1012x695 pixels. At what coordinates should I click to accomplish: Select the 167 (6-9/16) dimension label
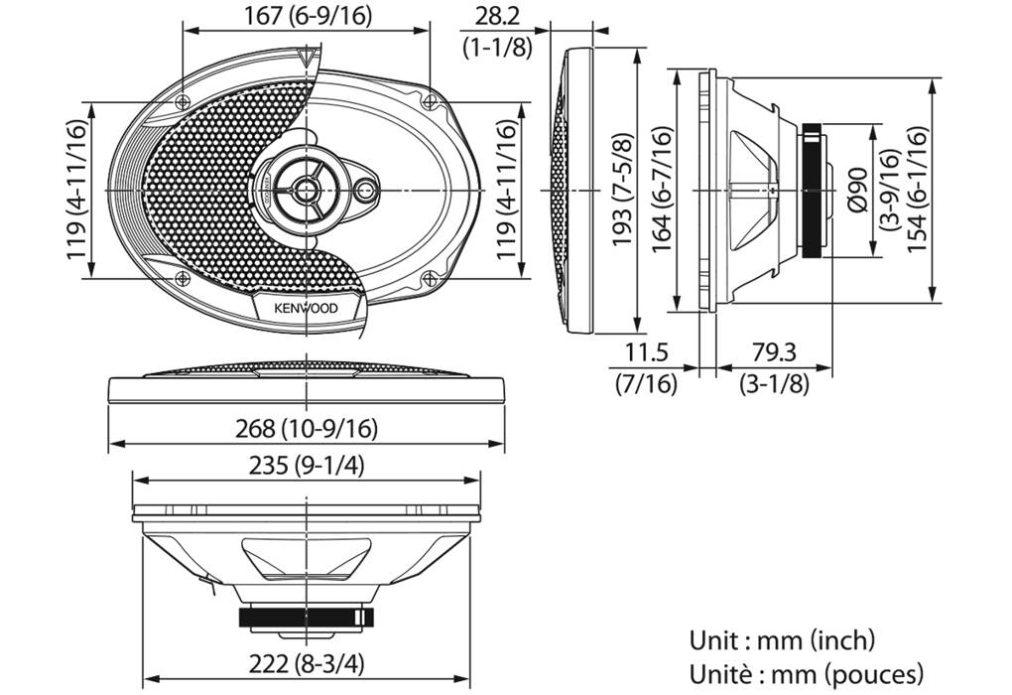pyautogui.click(x=306, y=17)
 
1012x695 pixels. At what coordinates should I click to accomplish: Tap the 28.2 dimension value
pyautogui.click(x=496, y=17)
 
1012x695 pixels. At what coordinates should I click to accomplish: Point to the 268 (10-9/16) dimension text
pyautogui.click(x=307, y=428)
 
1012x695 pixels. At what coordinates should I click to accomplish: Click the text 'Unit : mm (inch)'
pyautogui.click(x=783, y=639)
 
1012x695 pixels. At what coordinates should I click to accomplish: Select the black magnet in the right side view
pyautogui.click(x=813, y=189)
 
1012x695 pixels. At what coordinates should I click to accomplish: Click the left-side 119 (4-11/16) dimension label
pyautogui.click(x=79, y=189)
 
